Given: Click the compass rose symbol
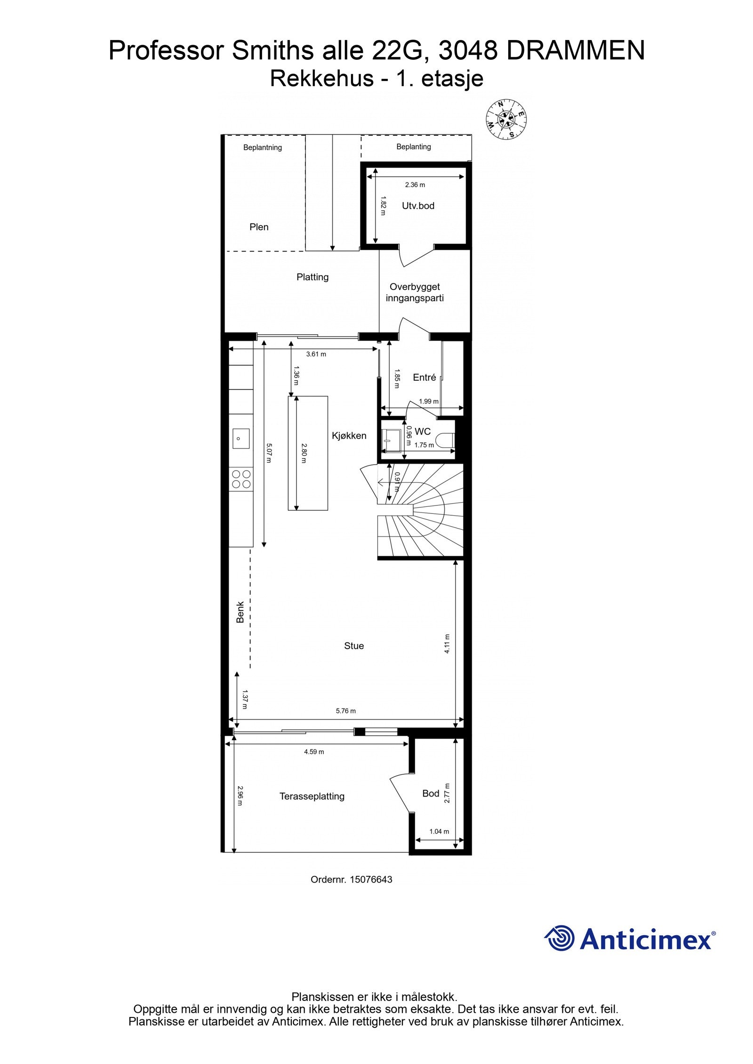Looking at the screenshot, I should click(x=505, y=119).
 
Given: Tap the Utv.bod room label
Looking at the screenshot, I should click(x=418, y=205).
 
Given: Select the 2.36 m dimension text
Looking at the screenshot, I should click(x=415, y=185).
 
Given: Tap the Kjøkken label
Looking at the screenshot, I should click(x=349, y=435).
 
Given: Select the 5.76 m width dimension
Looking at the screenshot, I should click(x=345, y=711).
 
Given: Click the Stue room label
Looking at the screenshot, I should click(x=353, y=646).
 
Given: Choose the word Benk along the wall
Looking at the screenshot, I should click(x=240, y=612).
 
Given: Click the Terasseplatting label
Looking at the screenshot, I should click(x=312, y=796).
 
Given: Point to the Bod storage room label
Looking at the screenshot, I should click(x=430, y=793).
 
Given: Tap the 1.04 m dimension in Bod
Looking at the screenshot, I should click(x=439, y=831).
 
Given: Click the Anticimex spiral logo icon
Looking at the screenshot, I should click(x=560, y=938).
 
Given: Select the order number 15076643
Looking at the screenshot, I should click(x=371, y=879).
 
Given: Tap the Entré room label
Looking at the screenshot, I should click(x=424, y=377).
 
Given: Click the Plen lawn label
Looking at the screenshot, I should click(x=259, y=227).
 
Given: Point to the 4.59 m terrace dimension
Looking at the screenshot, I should click(x=313, y=752).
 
